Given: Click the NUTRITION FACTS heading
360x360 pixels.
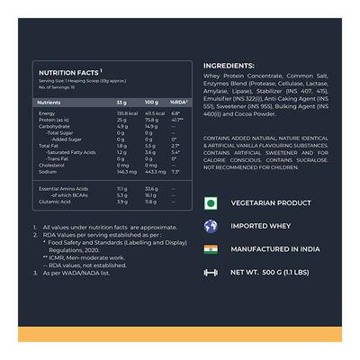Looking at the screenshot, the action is tap(67, 74).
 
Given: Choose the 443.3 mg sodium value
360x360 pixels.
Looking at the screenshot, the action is tap(153, 171).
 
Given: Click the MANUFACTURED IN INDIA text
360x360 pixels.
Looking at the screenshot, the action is tap(278, 248).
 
